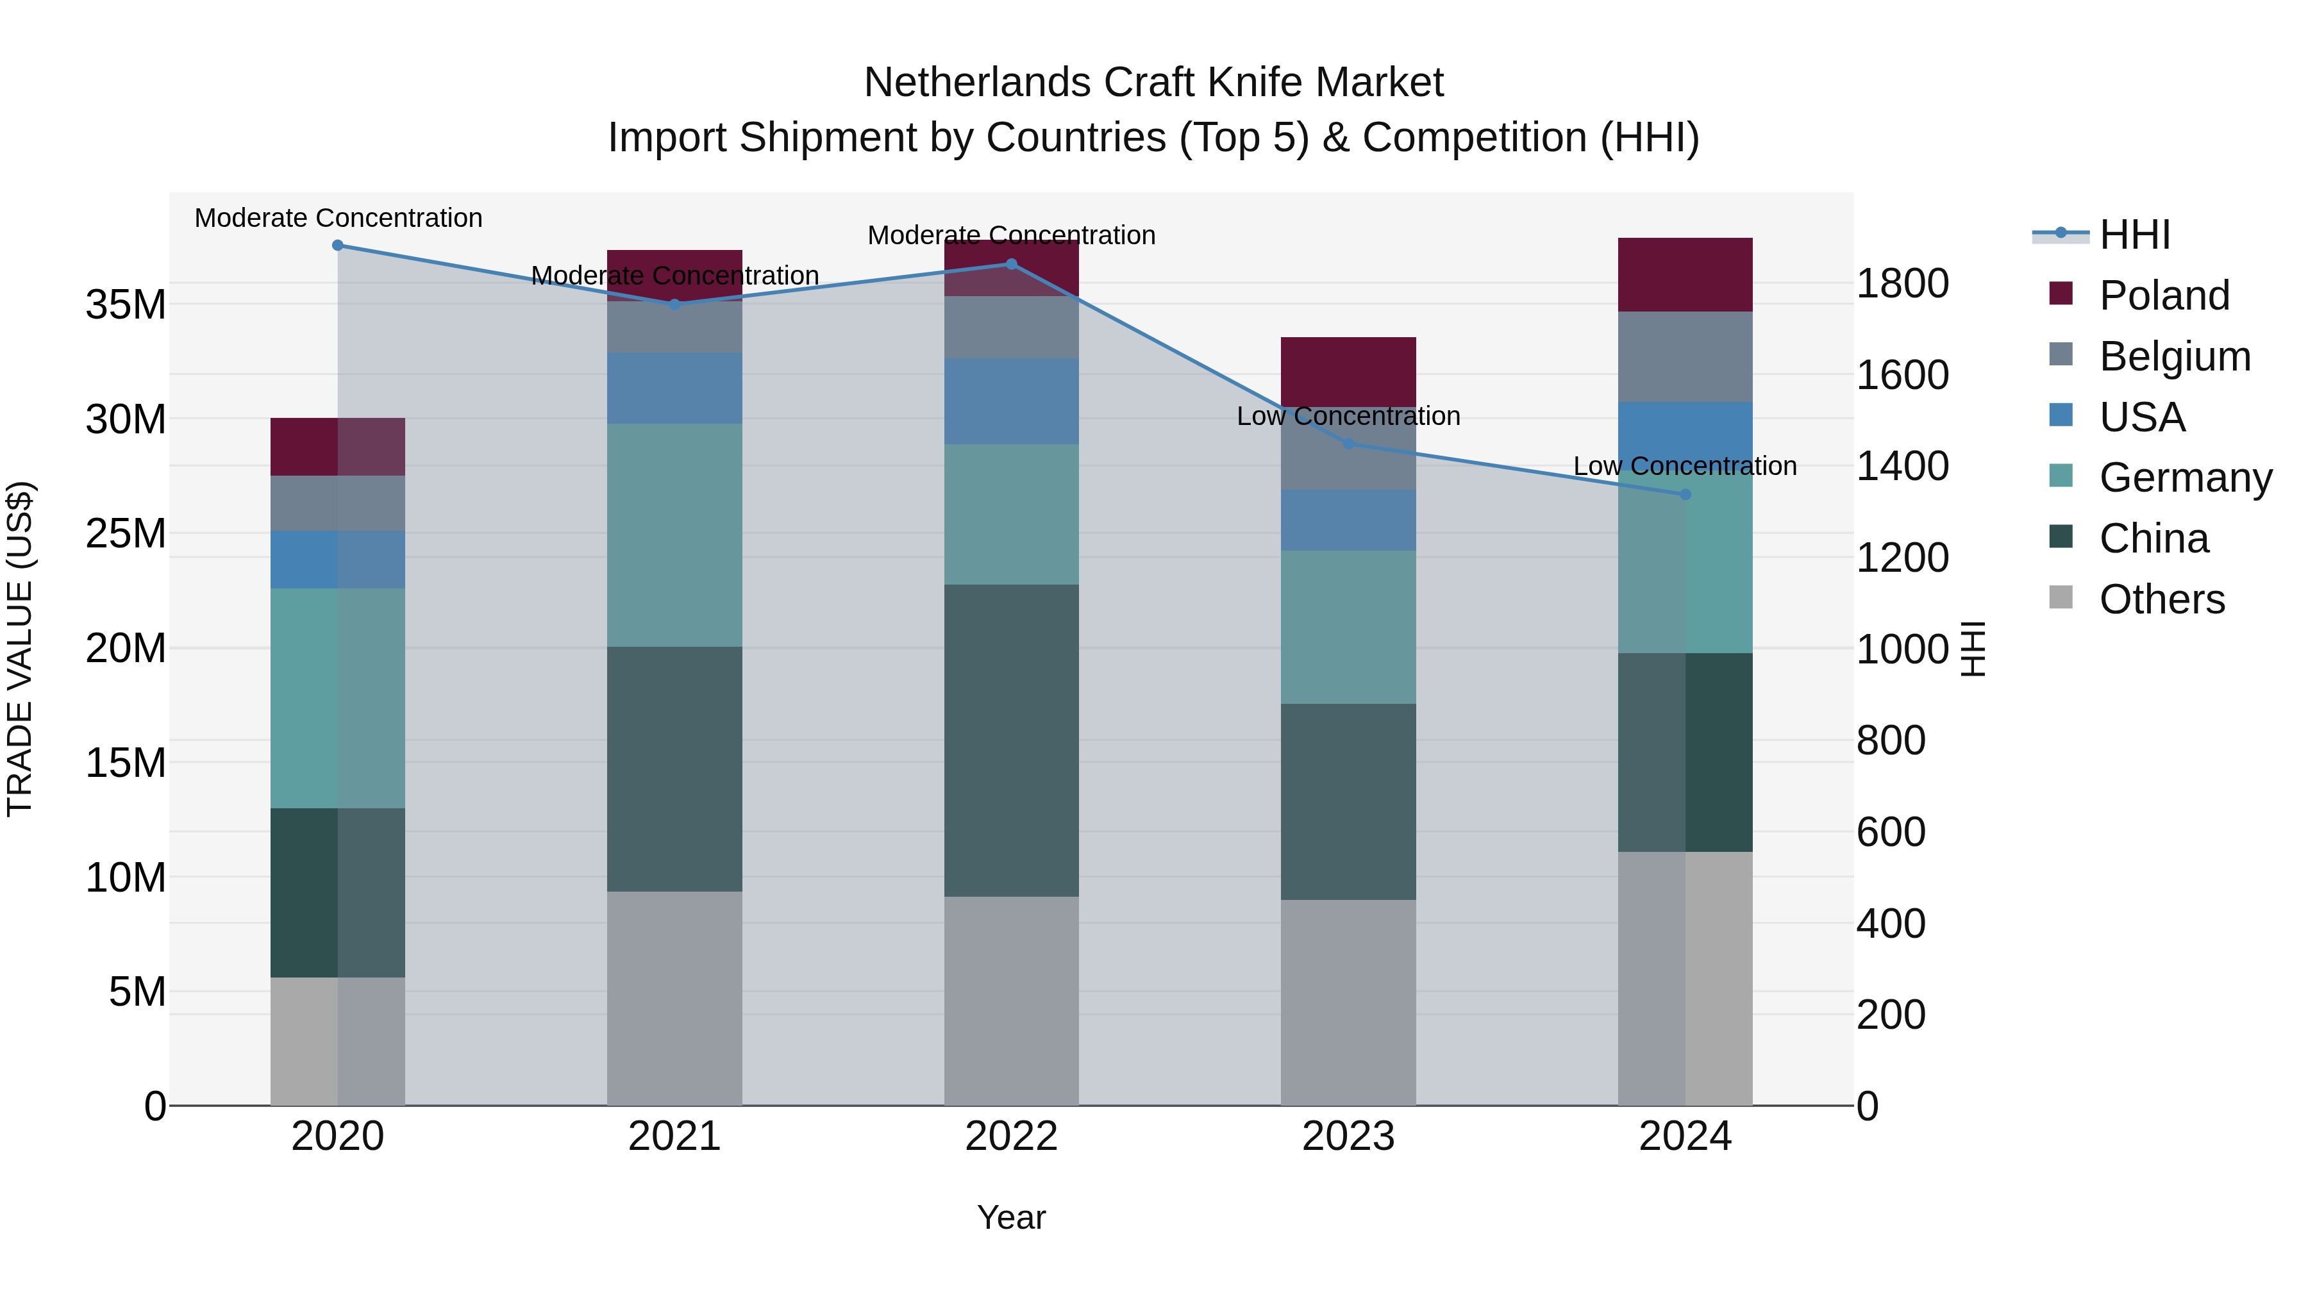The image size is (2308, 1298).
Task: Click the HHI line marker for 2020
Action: click(338, 245)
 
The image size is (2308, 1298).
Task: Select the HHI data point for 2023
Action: click(1348, 444)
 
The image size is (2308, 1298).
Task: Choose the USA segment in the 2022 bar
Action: click(1012, 401)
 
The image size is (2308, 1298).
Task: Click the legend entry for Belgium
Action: click(2175, 356)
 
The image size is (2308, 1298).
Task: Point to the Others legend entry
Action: click(2161, 599)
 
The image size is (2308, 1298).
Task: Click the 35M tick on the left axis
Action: click(126, 304)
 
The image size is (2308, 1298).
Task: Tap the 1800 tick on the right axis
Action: click(1902, 283)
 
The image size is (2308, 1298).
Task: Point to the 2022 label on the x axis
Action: click(1012, 1136)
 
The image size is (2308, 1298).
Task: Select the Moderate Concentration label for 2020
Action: click(338, 218)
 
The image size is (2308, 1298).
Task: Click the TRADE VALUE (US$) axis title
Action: click(20, 649)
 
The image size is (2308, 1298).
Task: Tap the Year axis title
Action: click(1012, 1217)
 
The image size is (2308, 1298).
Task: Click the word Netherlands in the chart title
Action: click(976, 83)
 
